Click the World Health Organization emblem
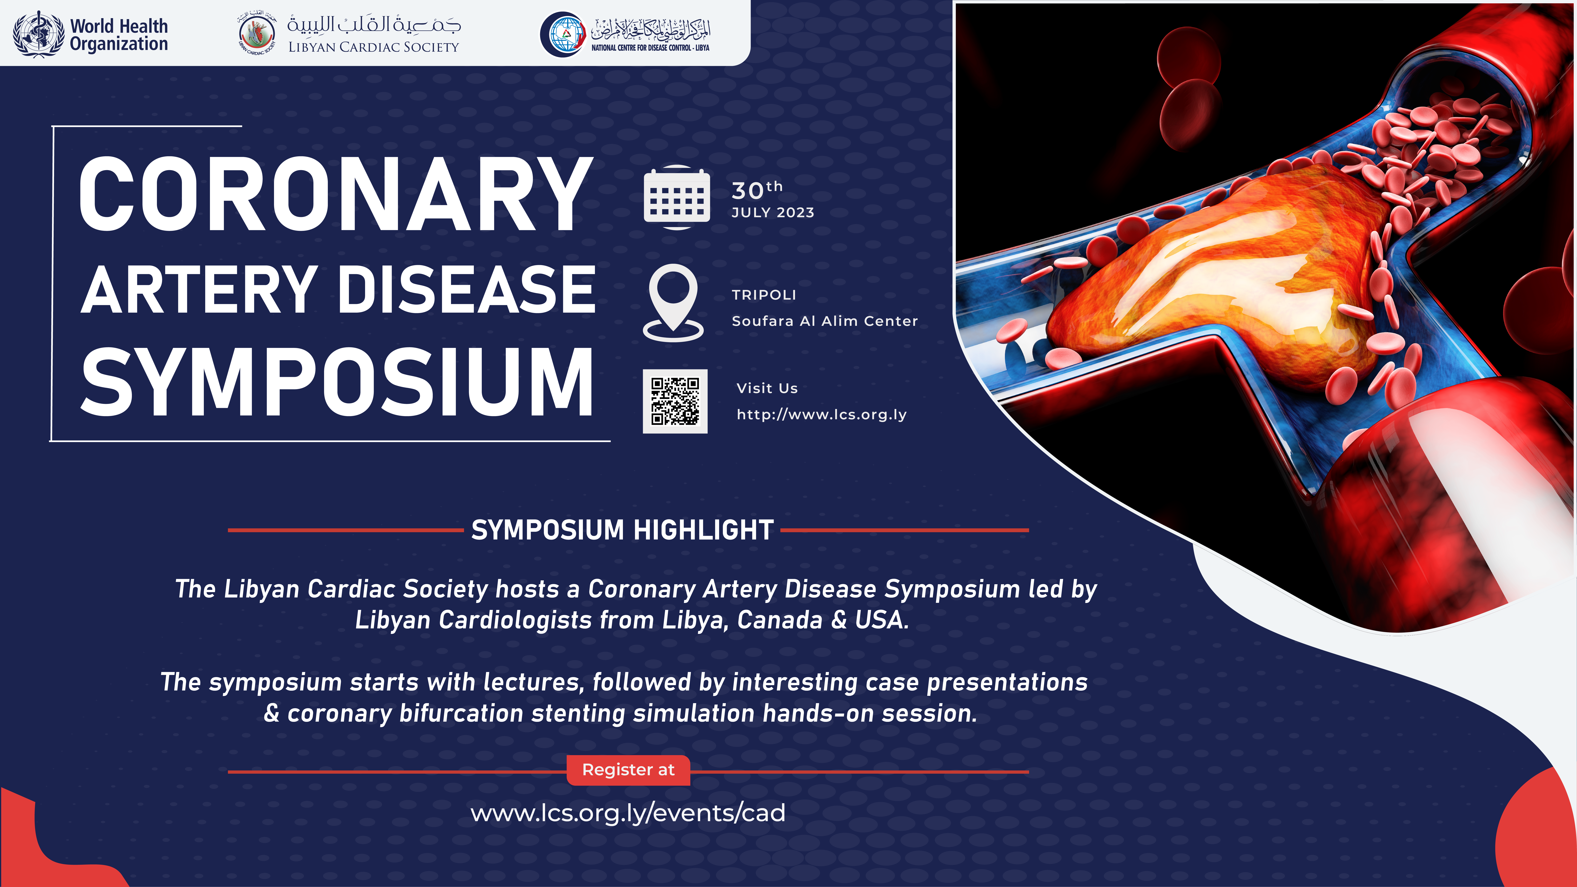point(39,34)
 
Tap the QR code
point(675,401)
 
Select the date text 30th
point(757,190)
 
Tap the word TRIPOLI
point(764,294)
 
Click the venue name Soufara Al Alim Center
point(825,321)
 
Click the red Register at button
point(628,770)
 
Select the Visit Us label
point(767,388)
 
